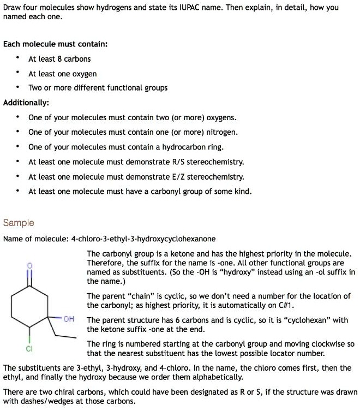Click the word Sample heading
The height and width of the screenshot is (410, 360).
[19, 223]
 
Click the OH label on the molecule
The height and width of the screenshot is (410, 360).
[69, 319]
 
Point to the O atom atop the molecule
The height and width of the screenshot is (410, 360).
[31, 265]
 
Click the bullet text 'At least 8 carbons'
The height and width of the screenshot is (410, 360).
[59, 59]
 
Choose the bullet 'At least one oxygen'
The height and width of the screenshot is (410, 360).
[62, 74]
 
